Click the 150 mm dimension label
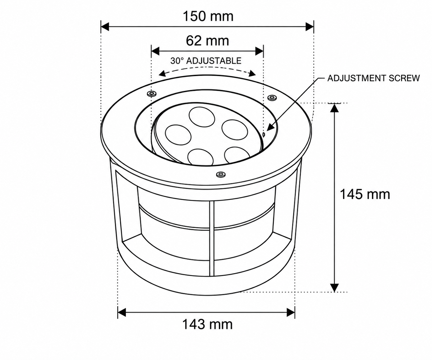pos(208,17)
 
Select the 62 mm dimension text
pos(207,41)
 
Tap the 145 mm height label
pos(365,194)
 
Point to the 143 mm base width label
pos(207,324)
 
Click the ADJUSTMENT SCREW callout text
pos(374,78)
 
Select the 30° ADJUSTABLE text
pos(206,61)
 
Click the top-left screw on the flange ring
pos(152,94)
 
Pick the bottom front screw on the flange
pos(221,174)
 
